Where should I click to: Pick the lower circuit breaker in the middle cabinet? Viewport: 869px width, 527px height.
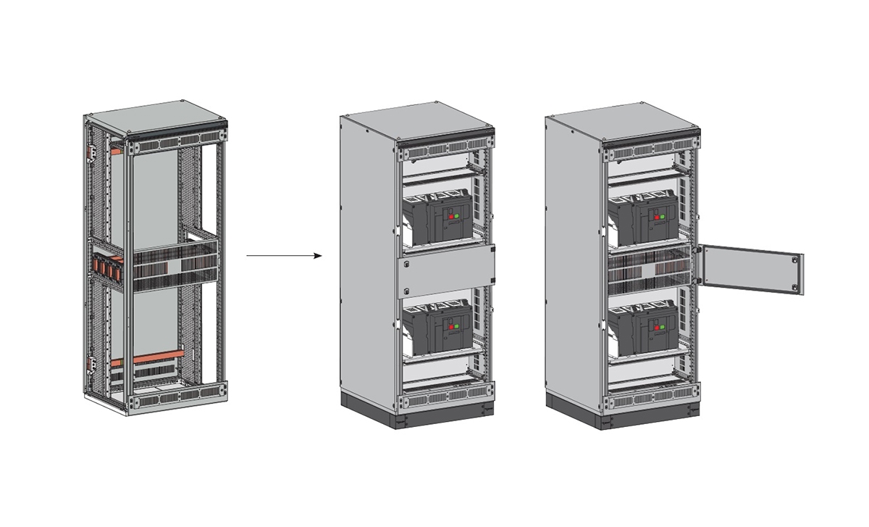437,327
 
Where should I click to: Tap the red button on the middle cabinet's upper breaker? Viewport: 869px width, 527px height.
453,217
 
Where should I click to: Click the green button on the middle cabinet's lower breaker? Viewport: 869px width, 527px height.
459,326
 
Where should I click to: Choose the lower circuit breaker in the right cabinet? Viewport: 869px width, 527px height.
643,327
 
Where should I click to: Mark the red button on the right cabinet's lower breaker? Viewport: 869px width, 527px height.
658,326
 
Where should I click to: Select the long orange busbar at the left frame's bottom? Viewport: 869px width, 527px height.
149,357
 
